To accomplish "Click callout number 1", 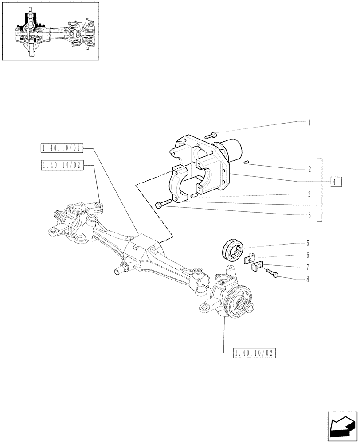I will tap(309, 122).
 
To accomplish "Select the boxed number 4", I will tap(336, 182).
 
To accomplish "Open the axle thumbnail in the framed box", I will tap(50, 31).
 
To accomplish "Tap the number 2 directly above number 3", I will tap(309, 194).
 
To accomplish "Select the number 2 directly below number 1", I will tap(309, 169).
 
